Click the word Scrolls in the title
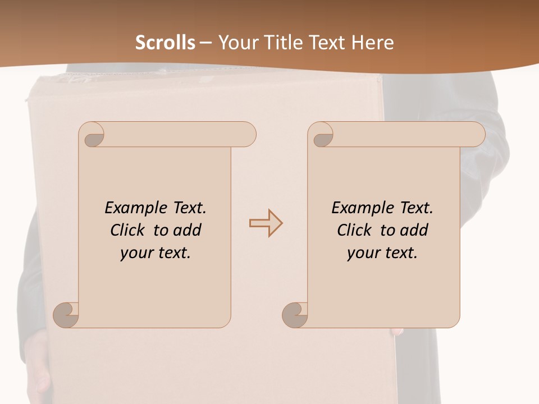coord(165,43)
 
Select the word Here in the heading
coord(372,43)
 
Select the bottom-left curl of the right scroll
coord(295,315)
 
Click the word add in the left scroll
coord(187,230)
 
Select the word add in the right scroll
coord(414,230)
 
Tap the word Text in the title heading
coord(326,43)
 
